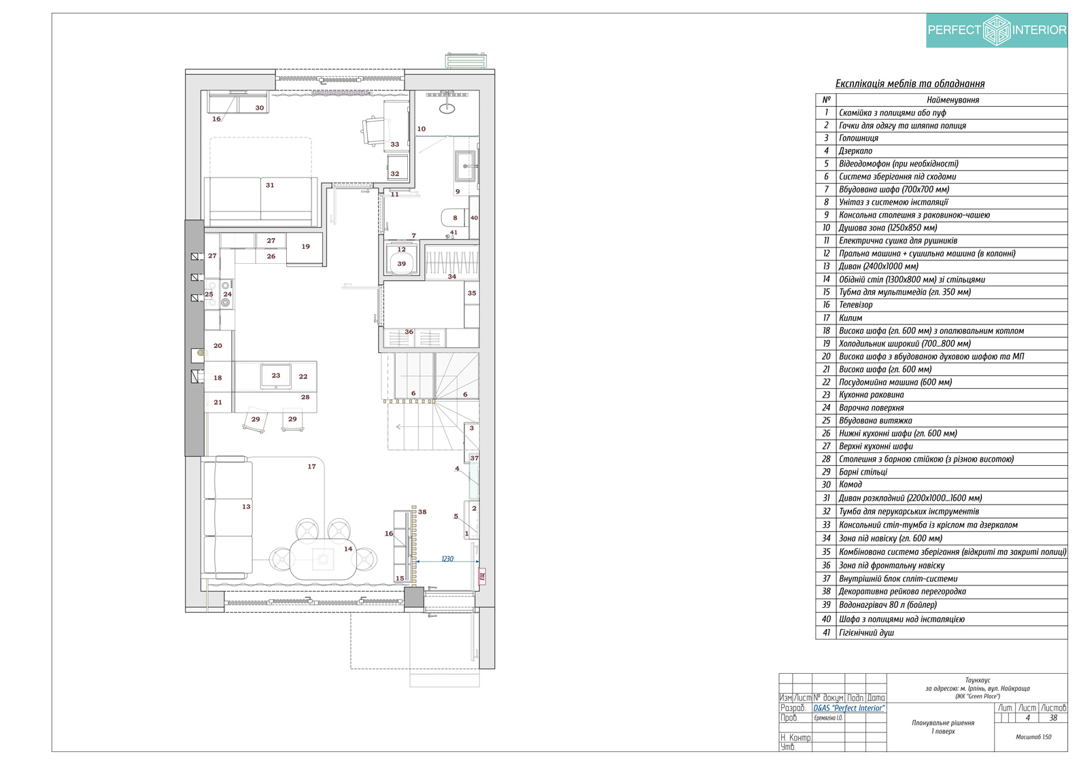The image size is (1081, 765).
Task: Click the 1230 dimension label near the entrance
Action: click(x=447, y=559)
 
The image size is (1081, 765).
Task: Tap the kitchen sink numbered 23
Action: click(x=275, y=376)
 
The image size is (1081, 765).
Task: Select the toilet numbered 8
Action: click(x=453, y=218)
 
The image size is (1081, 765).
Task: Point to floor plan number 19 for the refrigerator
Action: click(x=305, y=247)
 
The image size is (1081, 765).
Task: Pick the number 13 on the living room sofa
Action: click(x=246, y=507)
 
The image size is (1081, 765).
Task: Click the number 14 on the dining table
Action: click(x=348, y=549)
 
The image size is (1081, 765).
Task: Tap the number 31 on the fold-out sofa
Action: click(x=270, y=185)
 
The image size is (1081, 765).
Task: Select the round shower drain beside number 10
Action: click(x=447, y=109)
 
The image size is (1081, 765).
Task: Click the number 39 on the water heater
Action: click(x=402, y=264)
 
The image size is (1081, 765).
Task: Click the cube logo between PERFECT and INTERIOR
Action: click(x=997, y=30)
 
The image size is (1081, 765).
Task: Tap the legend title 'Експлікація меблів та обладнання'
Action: click(x=910, y=84)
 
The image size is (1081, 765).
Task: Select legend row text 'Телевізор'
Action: click(x=856, y=305)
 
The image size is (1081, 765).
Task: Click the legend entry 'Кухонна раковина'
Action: click(x=871, y=395)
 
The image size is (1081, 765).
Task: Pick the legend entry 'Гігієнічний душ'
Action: click(x=866, y=633)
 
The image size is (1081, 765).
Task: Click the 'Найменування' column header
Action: click(x=953, y=100)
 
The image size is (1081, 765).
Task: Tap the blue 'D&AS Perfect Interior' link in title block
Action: click(x=849, y=709)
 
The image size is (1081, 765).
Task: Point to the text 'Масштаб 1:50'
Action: click(x=1033, y=737)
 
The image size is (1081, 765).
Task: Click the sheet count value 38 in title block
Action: click(x=1053, y=718)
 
